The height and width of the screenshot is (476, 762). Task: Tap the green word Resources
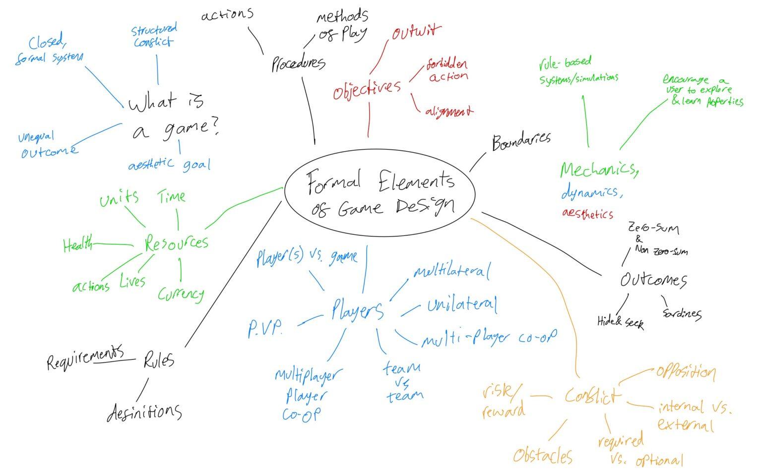click(x=177, y=243)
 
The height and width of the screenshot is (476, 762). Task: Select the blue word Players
click(x=357, y=311)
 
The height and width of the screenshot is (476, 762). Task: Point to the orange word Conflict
click(x=592, y=396)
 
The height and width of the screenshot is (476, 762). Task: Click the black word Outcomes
click(x=653, y=280)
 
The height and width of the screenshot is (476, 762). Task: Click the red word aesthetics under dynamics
click(x=588, y=214)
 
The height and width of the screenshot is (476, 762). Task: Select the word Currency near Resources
click(x=181, y=294)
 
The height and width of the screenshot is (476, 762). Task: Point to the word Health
click(x=78, y=244)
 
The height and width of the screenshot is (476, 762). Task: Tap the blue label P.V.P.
click(x=265, y=328)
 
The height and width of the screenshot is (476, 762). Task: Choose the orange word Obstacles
click(x=543, y=455)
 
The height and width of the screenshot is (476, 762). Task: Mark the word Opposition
click(x=686, y=372)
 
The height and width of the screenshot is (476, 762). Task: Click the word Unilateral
click(x=462, y=305)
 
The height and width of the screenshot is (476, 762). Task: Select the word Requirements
click(x=85, y=358)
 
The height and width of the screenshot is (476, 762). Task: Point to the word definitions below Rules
click(x=144, y=412)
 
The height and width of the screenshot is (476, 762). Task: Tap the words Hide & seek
click(x=621, y=322)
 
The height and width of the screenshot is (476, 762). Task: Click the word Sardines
click(x=682, y=313)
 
